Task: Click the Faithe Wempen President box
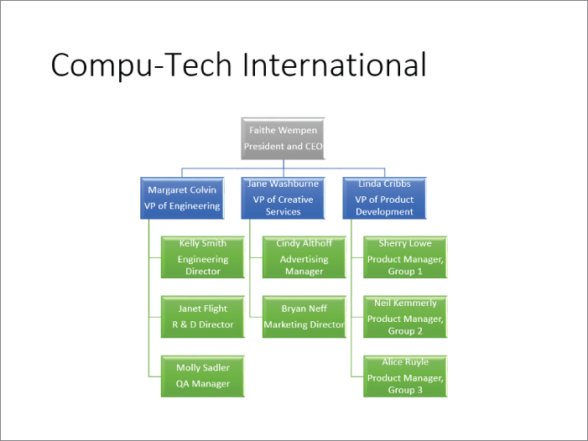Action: (x=284, y=138)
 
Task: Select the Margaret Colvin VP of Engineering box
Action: (x=182, y=198)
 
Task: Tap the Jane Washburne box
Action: (x=284, y=198)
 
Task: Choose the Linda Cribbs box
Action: (x=384, y=198)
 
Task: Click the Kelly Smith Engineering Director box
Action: (x=203, y=257)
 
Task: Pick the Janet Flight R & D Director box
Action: (x=203, y=317)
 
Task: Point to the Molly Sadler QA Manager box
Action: (x=203, y=376)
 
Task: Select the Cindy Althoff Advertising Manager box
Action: (x=304, y=257)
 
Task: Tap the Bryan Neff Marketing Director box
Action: (x=304, y=317)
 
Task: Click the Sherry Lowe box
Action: (x=405, y=257)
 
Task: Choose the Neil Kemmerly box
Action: (x=405, y=317)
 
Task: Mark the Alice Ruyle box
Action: (x=405, y=376)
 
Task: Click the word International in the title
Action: (x=335, y=65)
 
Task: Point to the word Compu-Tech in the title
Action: (x=142, y=65)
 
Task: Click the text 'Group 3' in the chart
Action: (x=405, y=390)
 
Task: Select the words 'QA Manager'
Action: (x=203, y=384)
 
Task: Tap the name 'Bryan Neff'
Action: (x=304, y=309)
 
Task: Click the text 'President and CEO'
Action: (x=284, y=146)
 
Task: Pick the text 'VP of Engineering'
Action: (x=182, y=206)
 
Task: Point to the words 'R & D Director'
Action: (x=203, y=324)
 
